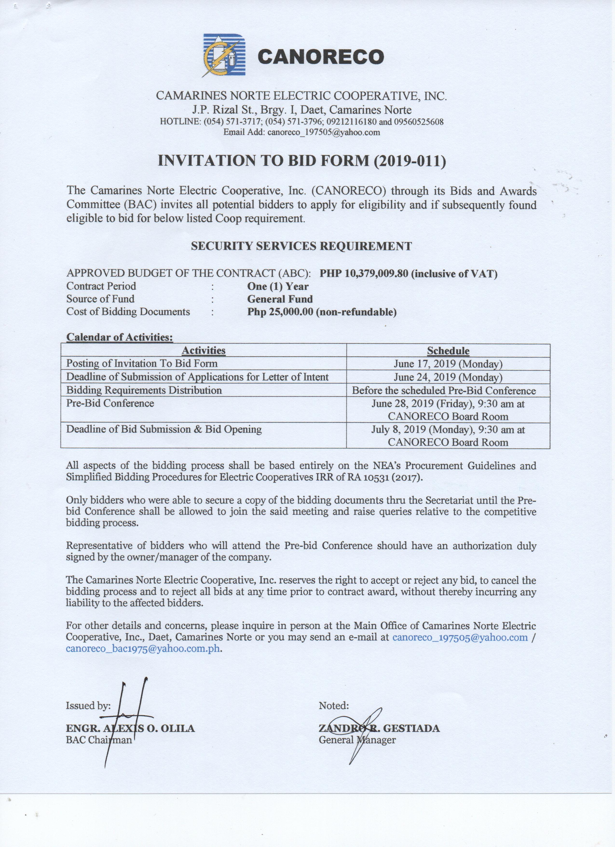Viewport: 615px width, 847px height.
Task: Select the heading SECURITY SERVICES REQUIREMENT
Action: [x=301, y=246]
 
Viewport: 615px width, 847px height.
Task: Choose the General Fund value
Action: [x=280, y=299]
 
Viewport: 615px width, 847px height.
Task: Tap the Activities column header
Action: [x=203, y=351]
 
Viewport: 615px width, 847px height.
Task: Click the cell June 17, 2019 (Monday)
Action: [x=448, y=364]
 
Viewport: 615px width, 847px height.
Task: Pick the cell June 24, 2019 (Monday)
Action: [x=448, y=377]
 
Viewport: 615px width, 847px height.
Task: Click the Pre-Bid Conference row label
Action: [x=110, y=403]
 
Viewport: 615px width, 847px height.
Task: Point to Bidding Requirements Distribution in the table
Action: [x=144, y=390]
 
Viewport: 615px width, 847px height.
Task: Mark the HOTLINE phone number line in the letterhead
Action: [x=301, y=122]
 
